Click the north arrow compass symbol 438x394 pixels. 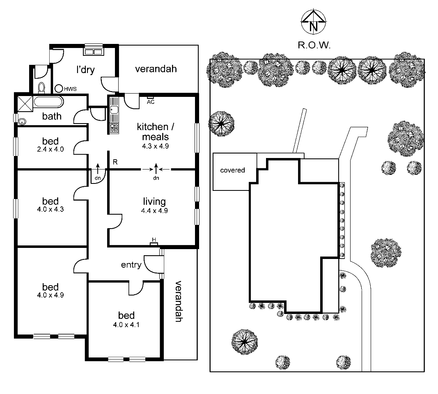pyautogui.click(x=314, y=22)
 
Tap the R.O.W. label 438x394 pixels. pyautogui.click(x=314, y=45)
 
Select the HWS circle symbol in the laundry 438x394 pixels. pyautogui.click(x=59, y=88)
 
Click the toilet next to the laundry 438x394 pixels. pyautogui.click(x=41, y=87)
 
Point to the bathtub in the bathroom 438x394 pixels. pyautogui.click(x=48, y=102)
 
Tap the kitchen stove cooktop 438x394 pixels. pyautogui.click(x=114, y=128)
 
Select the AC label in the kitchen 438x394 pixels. pyautogui.click(x=151, y=102)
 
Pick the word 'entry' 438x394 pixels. pyautogui.click(x=131, y=265)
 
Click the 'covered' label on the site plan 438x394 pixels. pyautogui.click(x=232, y=170)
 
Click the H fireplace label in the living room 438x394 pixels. pyautogui.click(x=154, y=240)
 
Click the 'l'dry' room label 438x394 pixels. pyautogui.click(x=85, y=70)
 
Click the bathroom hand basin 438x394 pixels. pyautogui.click(x=22, y=121)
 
